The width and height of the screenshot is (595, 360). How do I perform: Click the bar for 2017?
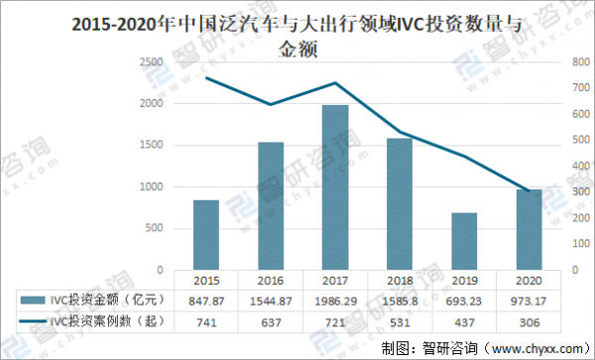(x=335, y=186)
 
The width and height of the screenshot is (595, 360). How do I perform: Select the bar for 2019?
(x=464, y=240)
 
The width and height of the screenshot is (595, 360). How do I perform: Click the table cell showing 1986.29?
(x=335, y=299)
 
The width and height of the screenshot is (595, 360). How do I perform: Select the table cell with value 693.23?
(x=464, y=299)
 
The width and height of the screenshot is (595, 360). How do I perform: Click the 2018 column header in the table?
(x=400, y=279)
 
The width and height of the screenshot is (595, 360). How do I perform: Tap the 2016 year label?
(x=271, y=279)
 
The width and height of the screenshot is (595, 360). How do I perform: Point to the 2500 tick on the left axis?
(x=152, y=62)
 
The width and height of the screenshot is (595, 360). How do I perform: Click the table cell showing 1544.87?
(x=271, y=299)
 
